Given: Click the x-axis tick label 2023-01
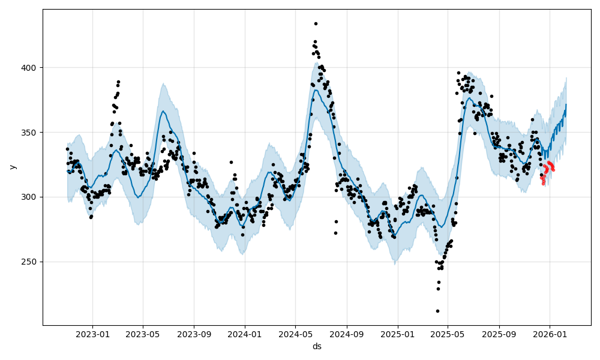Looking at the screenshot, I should click(92, 335).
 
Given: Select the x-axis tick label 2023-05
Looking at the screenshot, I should click(143, 335).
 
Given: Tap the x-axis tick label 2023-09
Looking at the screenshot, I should click(194, 335).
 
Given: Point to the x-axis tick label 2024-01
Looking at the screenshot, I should click(245, 335).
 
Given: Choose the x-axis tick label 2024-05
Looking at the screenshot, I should click(296, 335).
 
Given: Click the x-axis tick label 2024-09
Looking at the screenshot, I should click(347, 335).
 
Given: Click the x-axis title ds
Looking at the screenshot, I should click(317, 346).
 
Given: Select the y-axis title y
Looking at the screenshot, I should click(11, 167).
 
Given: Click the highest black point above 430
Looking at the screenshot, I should click(316, 23).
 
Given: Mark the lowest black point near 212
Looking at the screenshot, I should click(437, 311).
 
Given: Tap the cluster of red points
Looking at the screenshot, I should click(547, 171).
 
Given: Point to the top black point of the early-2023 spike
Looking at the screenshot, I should click(118, 82).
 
